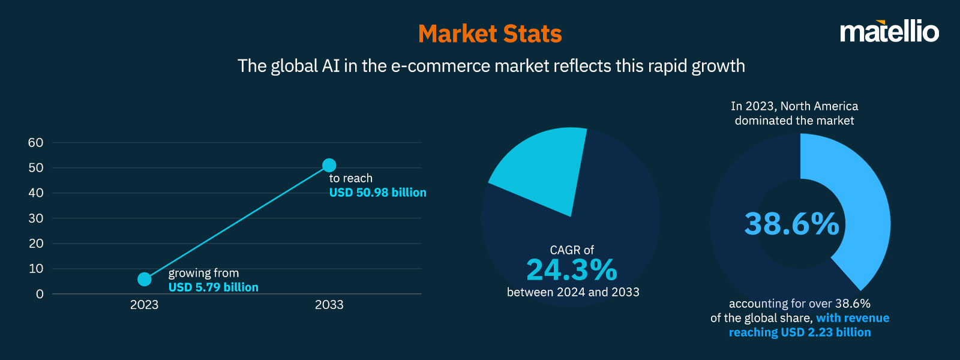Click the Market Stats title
[490, 34]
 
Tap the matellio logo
[889, 31]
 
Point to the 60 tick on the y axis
[35, 143]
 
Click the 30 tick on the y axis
[35, 218]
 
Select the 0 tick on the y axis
[40, 294]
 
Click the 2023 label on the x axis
[144, 305]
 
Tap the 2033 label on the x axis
[329, 305]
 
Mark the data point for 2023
[145, 279]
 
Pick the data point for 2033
[329, 165]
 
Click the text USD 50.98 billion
[377, 193]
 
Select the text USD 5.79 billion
[213, 287]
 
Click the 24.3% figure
[571, 270]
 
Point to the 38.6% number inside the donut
[791, 224]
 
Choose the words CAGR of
[571, 250]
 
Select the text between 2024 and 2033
[573, 292]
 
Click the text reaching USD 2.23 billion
[800, 332]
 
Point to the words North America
[819, 106]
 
